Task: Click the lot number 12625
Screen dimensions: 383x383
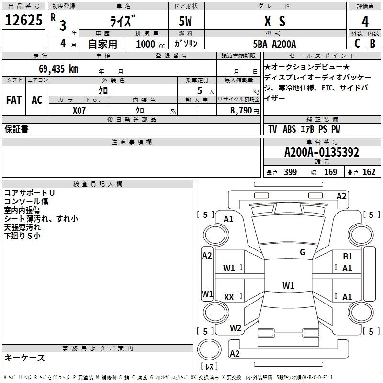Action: (x=23, y=20)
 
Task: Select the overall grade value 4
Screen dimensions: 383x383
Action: (x=365, y=22)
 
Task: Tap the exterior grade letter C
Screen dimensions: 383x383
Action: (x=357, y=44)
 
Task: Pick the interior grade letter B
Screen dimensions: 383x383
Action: (x=372, y=44)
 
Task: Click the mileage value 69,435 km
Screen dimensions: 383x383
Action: (x=58, y=69)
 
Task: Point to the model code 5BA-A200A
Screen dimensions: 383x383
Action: (x=274, y=44)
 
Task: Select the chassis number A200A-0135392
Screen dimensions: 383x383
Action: (x=322, y=152)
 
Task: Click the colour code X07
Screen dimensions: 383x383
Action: (x=79, y=111)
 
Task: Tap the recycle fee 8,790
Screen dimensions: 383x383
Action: (x=241, y=111)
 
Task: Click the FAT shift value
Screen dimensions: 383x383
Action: (x=14, y=100)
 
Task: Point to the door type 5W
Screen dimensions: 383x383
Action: (x=185, y=21)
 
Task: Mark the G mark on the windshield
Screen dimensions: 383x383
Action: (x=303, y=252)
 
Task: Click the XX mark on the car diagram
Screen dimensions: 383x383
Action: (x=229, y=297)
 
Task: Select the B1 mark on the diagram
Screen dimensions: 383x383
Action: (x=348, y=256)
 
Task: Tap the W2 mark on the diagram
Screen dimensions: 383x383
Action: (x=236, y=328)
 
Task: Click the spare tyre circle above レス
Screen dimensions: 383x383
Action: (x=209, y=349)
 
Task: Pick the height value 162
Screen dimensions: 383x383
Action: (x=369, y=172)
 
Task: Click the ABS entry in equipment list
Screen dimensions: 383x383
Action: (x=290, y=129)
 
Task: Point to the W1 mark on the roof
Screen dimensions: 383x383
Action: (x=288, y=285)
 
